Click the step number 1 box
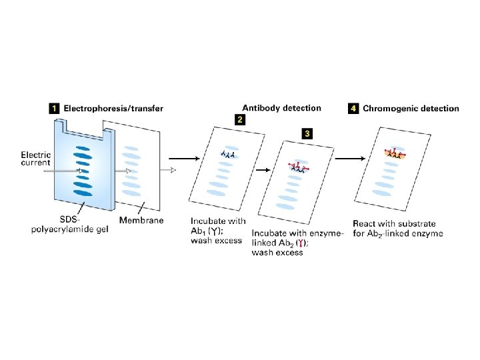[x=53, y=108]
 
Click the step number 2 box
[x=239, y=120]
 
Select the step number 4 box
[x=354, y=108]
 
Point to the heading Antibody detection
[x=281, y=107]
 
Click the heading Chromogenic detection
[x=411, y=108]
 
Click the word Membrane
[x=141, y=219]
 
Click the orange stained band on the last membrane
[x=395, y=154]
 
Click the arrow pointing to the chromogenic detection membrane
[x=349, y=159]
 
